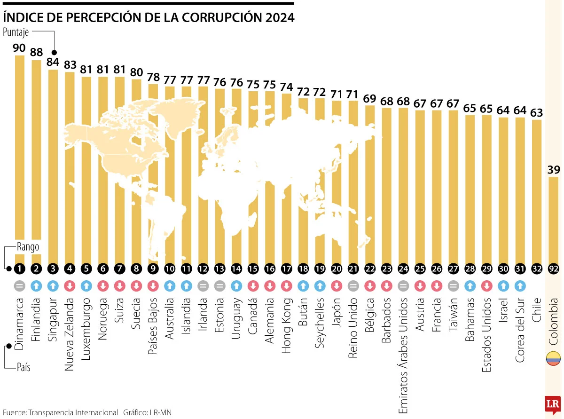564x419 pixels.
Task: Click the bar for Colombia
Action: (553, 216)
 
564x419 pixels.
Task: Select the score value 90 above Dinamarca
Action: (19, 47)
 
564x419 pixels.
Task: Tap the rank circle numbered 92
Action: (553, 269)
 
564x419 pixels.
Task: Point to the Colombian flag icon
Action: (553, 358)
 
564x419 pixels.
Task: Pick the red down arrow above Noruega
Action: (102, 285)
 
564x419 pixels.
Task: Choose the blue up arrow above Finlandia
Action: (36, 285)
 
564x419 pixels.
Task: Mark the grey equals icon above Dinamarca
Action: (19, 285)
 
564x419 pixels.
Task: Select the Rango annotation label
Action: (28, 246)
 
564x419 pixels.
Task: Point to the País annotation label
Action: (23, 367)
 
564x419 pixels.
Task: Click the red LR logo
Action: (553, 404)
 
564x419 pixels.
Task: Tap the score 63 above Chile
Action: (537, 112)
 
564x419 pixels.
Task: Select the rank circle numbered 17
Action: (286, 269)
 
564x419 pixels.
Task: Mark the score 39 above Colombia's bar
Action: (553, 170)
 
